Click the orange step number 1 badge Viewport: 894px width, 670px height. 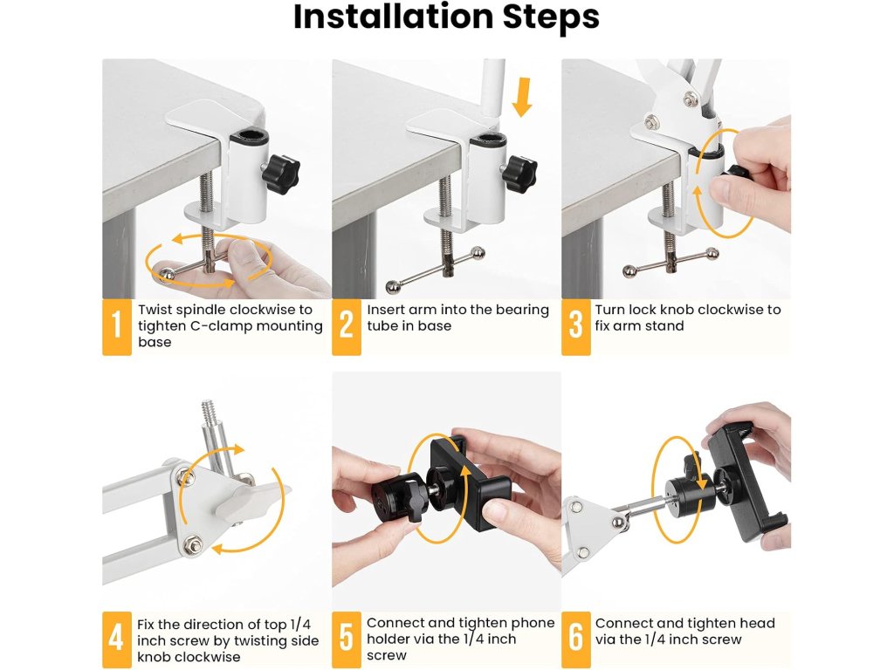pos(117,327)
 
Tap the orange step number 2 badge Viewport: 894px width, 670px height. pos(347,327)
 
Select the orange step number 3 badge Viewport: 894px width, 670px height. pos(576,327)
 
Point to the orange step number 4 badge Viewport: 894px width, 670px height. pos(117,639)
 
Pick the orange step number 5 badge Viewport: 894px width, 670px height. pos(347,639)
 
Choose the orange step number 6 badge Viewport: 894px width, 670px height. pos(576,639)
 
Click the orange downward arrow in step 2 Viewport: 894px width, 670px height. pos(522,98)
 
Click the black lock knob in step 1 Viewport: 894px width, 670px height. pos(282,174)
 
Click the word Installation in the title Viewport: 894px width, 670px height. pos(393,17)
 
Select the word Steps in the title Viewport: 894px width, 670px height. pos(551,18)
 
